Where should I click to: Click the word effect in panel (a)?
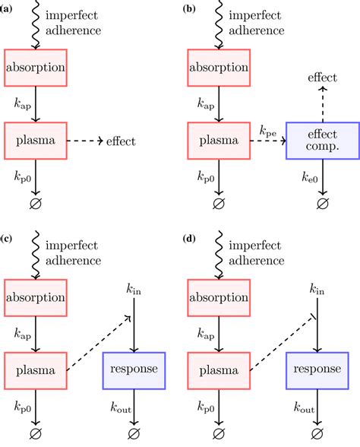click(x=122, y=141)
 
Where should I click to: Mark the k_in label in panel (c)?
click(x=134, y=290)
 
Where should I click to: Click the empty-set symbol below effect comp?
click(x=323, y=204)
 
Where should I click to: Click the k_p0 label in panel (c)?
click(x=24, y=409)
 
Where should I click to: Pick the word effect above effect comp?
click(x=323, y=78)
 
